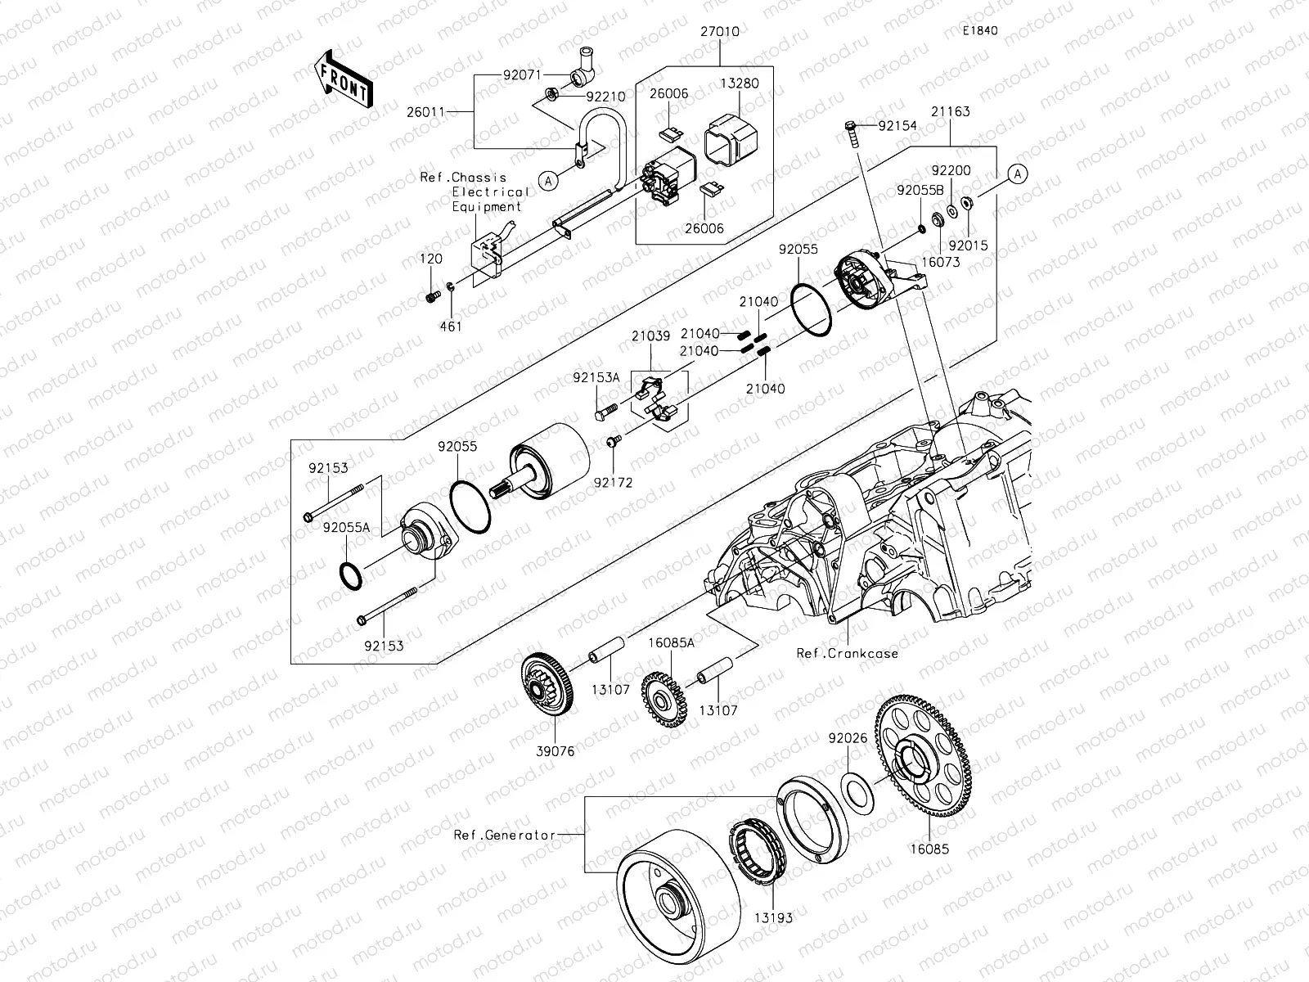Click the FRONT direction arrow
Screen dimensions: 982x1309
[343, 79]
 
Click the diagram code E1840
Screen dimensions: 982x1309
[979, 31]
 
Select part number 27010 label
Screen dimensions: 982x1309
[720, 33]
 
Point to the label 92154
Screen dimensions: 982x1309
[897, 126]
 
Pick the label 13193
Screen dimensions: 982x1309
[773, 918]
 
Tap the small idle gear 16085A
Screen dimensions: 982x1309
[663, 700]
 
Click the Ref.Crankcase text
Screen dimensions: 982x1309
[847, 653]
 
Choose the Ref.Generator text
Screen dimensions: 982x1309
[505, 836]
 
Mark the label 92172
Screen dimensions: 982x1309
[614, 483]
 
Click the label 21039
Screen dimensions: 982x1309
[650, 336]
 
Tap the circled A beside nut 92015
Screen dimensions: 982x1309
[1016, 173]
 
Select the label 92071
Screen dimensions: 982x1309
[522, 74]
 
